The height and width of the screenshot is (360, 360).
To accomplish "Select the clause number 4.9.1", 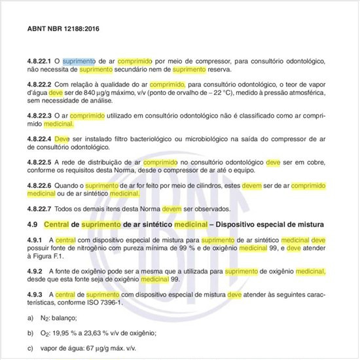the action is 35,240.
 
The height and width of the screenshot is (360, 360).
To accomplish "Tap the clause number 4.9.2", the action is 35,271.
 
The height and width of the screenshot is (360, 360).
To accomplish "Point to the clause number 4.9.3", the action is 35,295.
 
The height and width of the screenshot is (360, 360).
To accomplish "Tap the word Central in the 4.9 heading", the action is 58,225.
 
